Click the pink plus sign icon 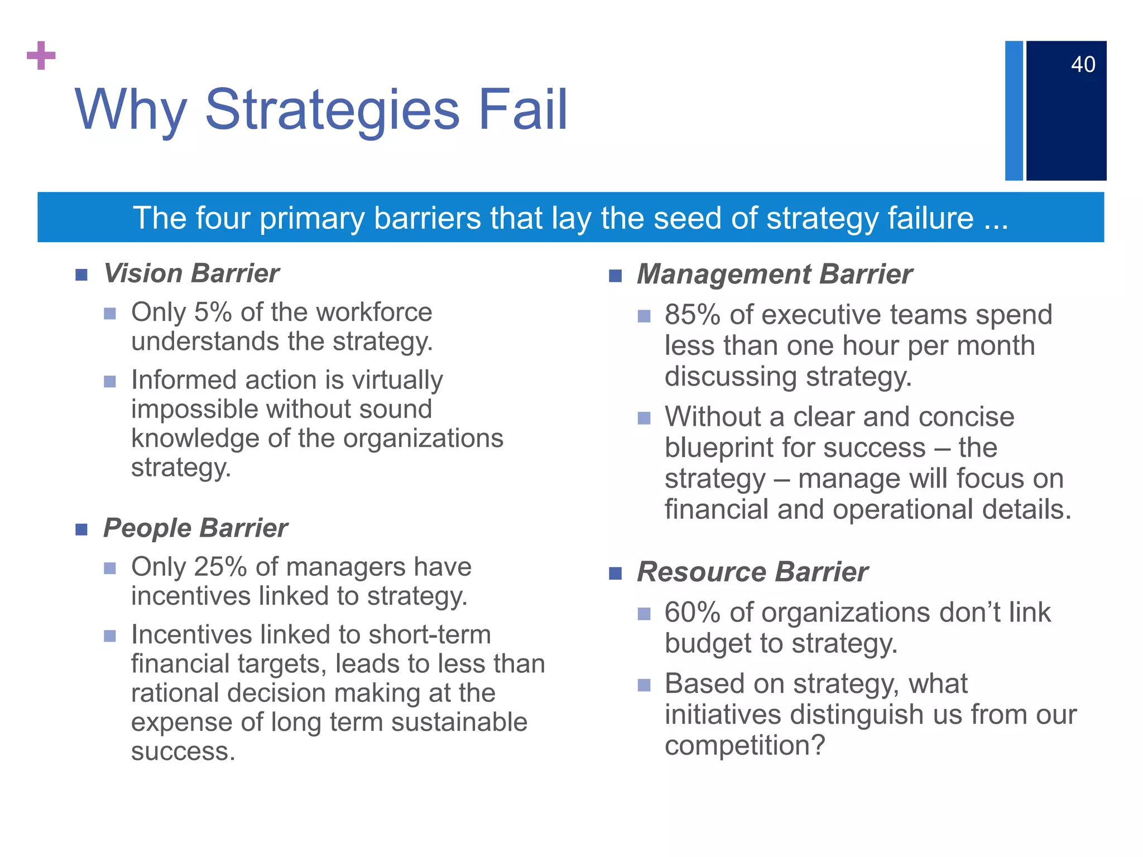[x=41, y=55]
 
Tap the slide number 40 [x=1083, y=65]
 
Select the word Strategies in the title [x=332, y=110]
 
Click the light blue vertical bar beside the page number [x=1014, y=110]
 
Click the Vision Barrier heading [x=191, y=273]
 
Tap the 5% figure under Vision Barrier [x=213, y=312]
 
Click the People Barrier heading [x=195, y=528]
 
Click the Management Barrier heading [x=774, y=275]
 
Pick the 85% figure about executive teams [x=693, y=315]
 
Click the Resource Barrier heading [x=752, y=572]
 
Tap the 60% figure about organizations [x=693, y=613]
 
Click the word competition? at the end [x=745, y=745]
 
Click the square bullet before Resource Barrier [x=615, y=573]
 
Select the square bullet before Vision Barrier [x=81, y=275]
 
